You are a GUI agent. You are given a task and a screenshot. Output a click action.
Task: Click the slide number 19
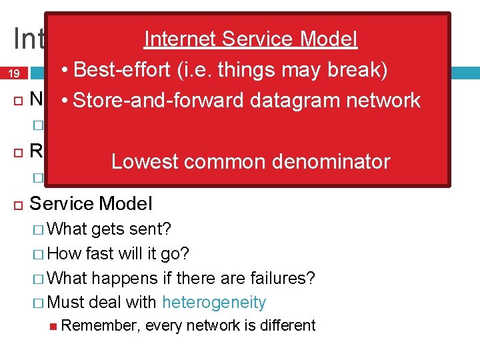(14, 75)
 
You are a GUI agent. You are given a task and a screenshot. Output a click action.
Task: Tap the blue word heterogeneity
(214, 303)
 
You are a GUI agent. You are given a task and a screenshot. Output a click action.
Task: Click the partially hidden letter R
(37, 151)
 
